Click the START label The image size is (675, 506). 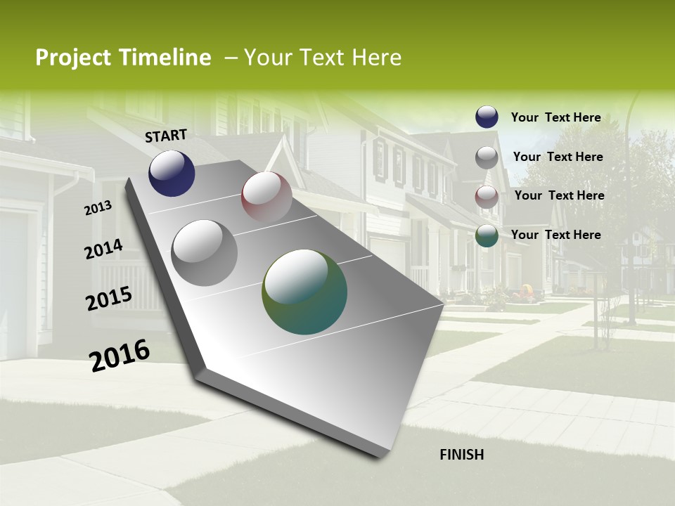coord(166,136)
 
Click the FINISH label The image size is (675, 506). coord(462,455)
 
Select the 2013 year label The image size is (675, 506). coord(98,208)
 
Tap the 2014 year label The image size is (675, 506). coord(104,249)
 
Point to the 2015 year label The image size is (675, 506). coord(109,299)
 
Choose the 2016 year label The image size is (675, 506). coord(120,356)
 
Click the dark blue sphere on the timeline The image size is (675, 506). coord(172,173)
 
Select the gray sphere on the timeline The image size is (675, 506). coord(205,253)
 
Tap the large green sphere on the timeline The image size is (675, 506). coord(304,292)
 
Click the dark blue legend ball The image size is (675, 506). coord(487,117)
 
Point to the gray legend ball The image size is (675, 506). coord(487,157)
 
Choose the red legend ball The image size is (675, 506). coord(487,197)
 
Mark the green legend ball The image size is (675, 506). coord(487,235)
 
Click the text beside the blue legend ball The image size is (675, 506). coord(555,117)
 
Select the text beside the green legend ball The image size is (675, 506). coord(555,235)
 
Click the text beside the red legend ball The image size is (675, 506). coord(559,195)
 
